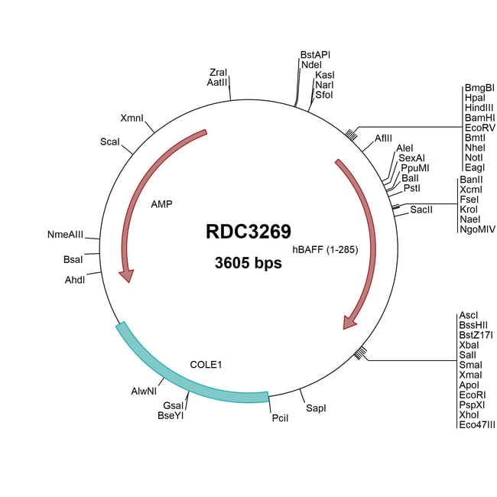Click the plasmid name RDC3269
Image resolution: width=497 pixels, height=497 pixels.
point(248,232)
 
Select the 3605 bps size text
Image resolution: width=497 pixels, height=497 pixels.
point(248,264)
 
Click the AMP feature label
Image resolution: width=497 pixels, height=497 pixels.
point(161,204)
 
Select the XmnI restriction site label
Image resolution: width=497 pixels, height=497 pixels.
point(132,119)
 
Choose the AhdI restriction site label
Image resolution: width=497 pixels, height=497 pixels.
point(74,280)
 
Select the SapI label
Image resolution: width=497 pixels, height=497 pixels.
point(316,409)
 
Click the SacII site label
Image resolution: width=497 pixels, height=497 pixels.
point(421,209)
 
